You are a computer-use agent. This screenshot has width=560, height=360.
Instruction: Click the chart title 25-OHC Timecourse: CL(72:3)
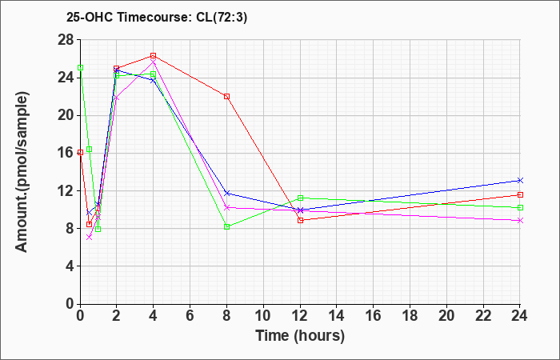(x=157, y=18)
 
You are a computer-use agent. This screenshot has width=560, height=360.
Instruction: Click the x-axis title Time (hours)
(x=300, y=336)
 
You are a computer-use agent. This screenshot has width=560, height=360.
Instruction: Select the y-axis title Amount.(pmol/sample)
(x=22, y=172)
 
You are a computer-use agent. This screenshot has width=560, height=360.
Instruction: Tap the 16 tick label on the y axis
(x=66, y=153)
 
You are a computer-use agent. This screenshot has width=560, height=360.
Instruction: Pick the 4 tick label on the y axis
(x=70, y=266)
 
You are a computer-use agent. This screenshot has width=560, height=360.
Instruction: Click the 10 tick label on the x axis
(x=263, y=316)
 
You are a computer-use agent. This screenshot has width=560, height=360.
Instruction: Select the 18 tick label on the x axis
(x=410, y=316)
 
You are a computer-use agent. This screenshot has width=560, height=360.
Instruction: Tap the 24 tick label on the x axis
(x=518, y=316)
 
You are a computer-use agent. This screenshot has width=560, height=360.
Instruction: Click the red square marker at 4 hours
(x=154, y=56)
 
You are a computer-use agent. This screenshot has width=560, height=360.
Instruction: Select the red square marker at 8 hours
(x=226, y=97)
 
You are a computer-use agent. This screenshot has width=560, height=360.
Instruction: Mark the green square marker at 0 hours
(x=81, y=67)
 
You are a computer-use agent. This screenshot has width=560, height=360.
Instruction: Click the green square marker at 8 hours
(x=226, y=226)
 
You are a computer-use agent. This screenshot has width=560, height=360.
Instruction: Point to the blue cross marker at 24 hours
(x=520, y=180)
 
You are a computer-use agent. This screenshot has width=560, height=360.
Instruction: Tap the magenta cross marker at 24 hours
(x=520, y=220)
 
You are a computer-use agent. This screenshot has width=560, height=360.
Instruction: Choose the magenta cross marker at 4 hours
(x=154, y=62)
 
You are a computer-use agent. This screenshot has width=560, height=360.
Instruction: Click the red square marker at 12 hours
(x=300, y=220)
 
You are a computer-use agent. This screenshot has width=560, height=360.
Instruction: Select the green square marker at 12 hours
(x=300, y=198)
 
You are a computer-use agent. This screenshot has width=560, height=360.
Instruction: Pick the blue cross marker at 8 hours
(x=226, y=194)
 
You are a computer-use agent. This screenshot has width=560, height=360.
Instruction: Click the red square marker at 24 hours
(x=520, y=194)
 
